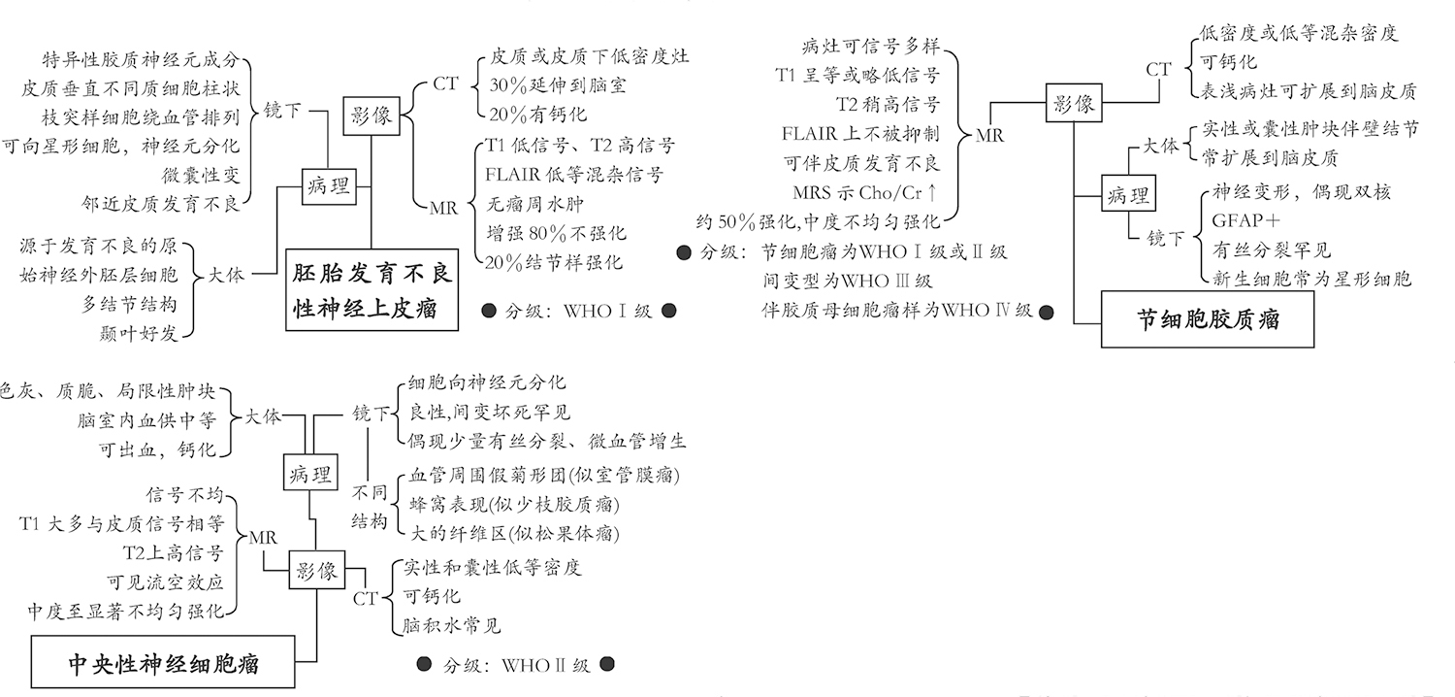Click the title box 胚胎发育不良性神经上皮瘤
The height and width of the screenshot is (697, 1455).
coord(372,291)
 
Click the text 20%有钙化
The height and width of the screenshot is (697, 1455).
coord(537,114)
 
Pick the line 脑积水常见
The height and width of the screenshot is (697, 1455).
coord(452,625)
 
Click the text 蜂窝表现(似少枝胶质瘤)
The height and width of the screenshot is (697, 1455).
coord(514,505)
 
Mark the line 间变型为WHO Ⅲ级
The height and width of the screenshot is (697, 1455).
coord(847,282)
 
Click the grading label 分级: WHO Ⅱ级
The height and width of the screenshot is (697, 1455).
coord(515,666)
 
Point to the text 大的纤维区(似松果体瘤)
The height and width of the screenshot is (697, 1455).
coord(514,533)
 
